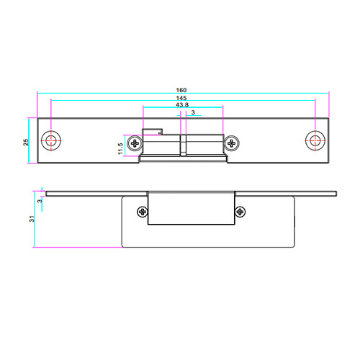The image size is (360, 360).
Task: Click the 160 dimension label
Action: click(x=181, y=90)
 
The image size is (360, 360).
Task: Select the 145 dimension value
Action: click(x=181, y=98)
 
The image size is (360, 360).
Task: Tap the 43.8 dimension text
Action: click(x=182, y=105)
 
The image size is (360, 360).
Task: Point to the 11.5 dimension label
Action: click(x=120, y=149)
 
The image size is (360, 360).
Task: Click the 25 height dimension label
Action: click(x=26, y=142)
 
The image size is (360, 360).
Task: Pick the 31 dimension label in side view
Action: click(x=32, y=219)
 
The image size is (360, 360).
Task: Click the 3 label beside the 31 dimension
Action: click(x=40, y=200)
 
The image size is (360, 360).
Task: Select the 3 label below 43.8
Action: click(x=193, y=112)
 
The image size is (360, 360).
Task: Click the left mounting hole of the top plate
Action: click(x=51, y=140)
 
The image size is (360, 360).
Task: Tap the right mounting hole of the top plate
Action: click(x=315, y=140)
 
